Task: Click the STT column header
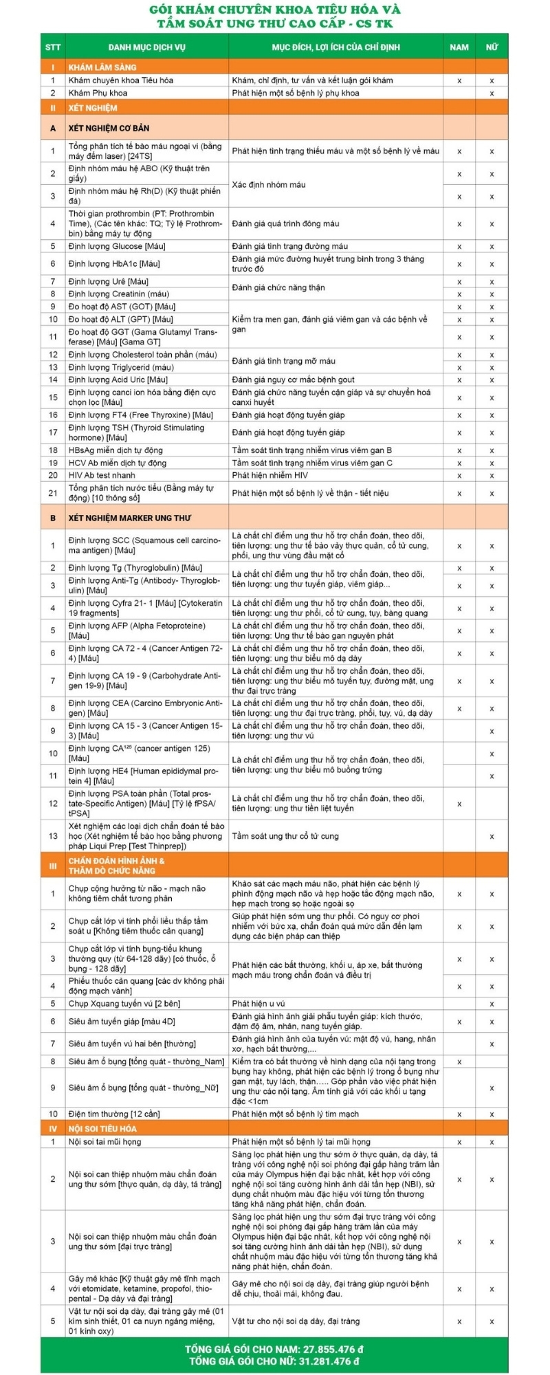(x=53, y=47)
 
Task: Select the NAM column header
(x=459, y=47)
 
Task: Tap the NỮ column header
(x=492, y=47)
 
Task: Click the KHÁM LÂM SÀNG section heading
(x=102, y=67)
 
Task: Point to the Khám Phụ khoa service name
(x=98, y=93)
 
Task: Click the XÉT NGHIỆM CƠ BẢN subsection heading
(x=109, y=128)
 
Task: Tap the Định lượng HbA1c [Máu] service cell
(x=114, y=263)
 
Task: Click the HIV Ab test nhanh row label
(x=102, y=475)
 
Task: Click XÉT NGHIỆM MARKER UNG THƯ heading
(x=130, y=518)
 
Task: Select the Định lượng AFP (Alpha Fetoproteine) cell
(x=137, y=630)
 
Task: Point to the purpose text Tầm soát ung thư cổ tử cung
(x=285, y=836)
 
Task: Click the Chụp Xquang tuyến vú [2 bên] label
(x=124, y=1004)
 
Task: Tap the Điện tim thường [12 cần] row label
(x=114, y=1114)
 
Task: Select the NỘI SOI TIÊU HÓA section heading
(x=102, y=1129)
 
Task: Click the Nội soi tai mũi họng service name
(x=104, y=1142)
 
